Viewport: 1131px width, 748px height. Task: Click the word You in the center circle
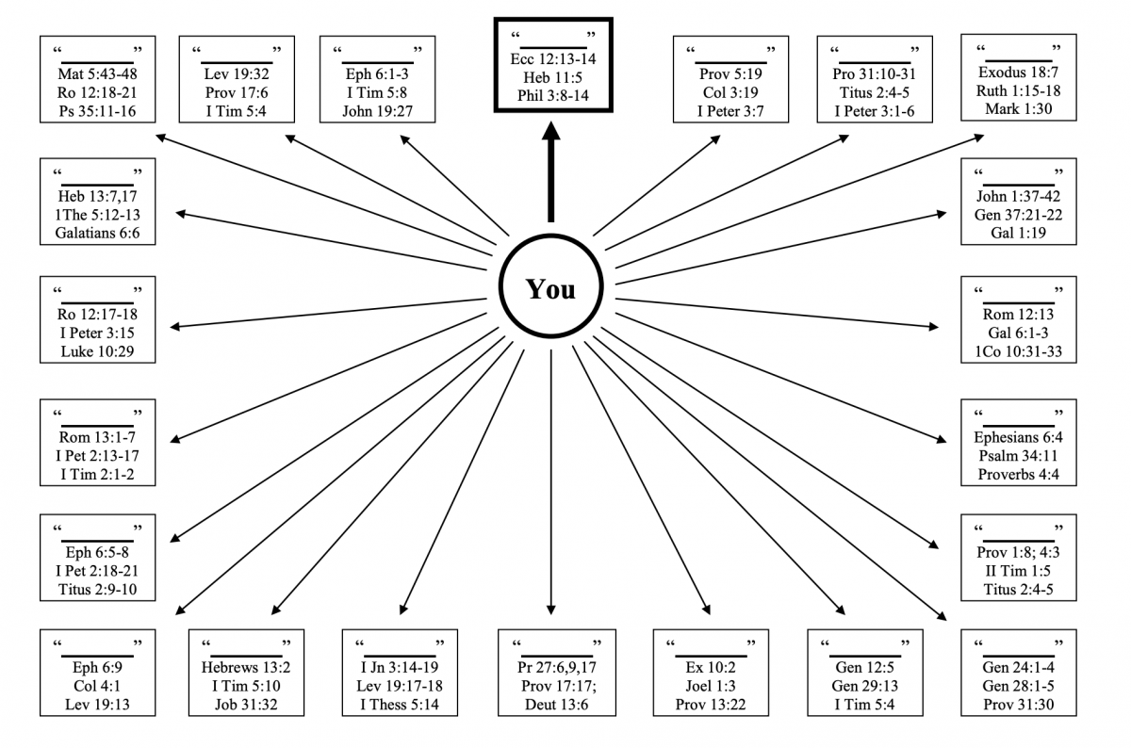click(x=550, y=289)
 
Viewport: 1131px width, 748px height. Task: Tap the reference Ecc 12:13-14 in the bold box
click(x=552, y=58)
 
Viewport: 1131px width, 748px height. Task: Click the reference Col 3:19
click(x=729, y=91)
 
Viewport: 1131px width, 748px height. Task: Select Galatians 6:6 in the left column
click(x=98, y=233)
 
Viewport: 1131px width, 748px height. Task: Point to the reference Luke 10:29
click(x=98, y=352)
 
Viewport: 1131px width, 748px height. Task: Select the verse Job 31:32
click(x=245, y=704)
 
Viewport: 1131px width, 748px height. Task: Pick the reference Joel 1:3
click(x=709, y=685)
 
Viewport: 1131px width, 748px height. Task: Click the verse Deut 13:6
click(x=552, y=704)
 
